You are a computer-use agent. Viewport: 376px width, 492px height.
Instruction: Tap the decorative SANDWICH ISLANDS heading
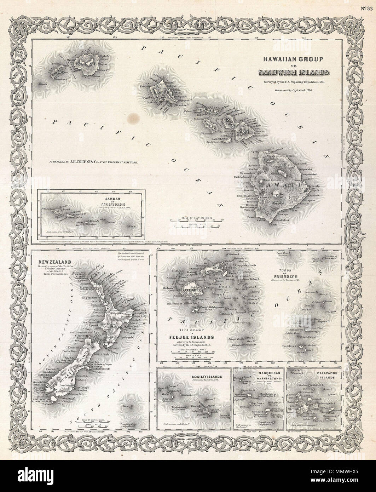tap(295, 73)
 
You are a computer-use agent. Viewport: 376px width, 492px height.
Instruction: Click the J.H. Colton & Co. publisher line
tap(94, 161)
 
